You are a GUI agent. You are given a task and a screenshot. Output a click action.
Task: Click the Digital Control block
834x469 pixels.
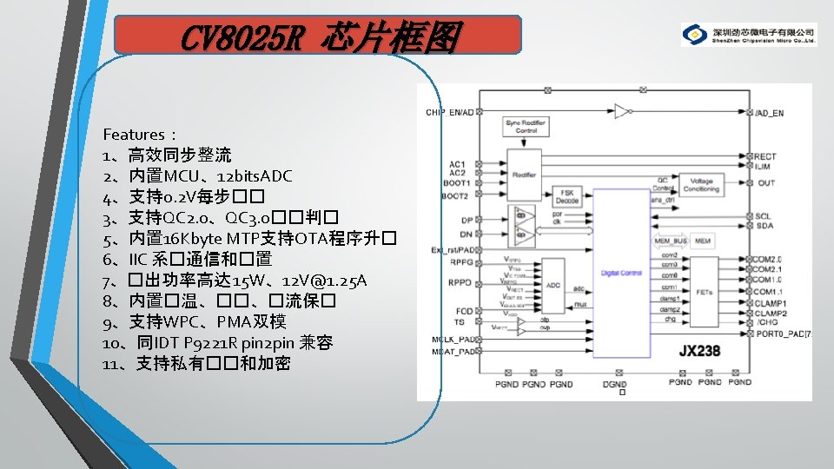point(620,274)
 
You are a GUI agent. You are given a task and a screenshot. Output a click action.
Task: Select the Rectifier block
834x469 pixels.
point(524,174)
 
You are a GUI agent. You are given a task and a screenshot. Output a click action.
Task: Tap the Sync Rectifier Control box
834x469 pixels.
point(525,127)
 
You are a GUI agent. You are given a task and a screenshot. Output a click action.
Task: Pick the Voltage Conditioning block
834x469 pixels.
point(701,185)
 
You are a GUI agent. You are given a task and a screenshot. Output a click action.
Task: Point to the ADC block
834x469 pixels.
point(553,284)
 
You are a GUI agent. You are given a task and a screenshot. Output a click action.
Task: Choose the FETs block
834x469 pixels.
point(705,293)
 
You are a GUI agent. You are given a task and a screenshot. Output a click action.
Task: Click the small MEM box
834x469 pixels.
point(703,240)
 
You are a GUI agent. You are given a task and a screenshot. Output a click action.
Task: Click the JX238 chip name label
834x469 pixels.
point(701,352)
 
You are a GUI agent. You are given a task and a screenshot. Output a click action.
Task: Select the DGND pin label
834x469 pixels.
point(615,383)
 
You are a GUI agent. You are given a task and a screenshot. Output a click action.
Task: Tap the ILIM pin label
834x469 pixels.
point(763,166)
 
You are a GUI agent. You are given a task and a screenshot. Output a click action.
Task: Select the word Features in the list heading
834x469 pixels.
point(134,135)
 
